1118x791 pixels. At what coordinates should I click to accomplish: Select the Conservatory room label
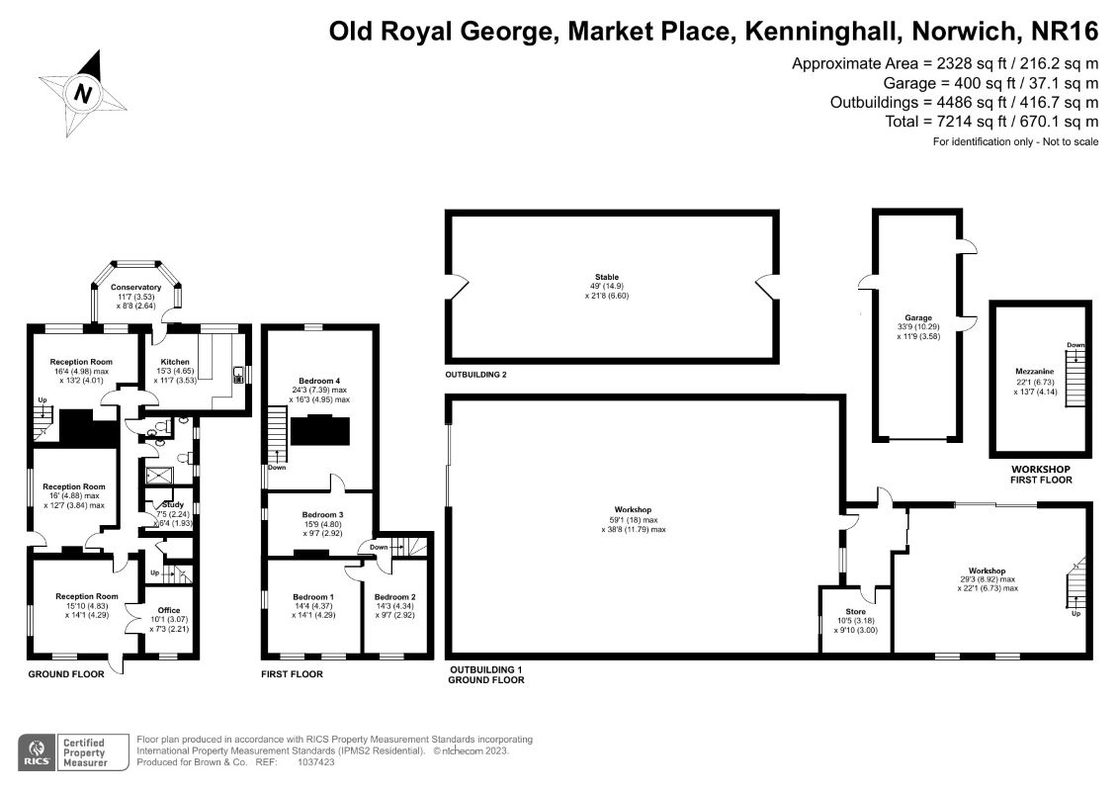coord(135,287)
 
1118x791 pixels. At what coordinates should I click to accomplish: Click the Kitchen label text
coord(175,362)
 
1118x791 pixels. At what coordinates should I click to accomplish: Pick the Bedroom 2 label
coord(394,596)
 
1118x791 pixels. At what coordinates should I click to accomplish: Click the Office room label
coord(169,610)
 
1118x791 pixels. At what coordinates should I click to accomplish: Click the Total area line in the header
coord(991,121)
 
